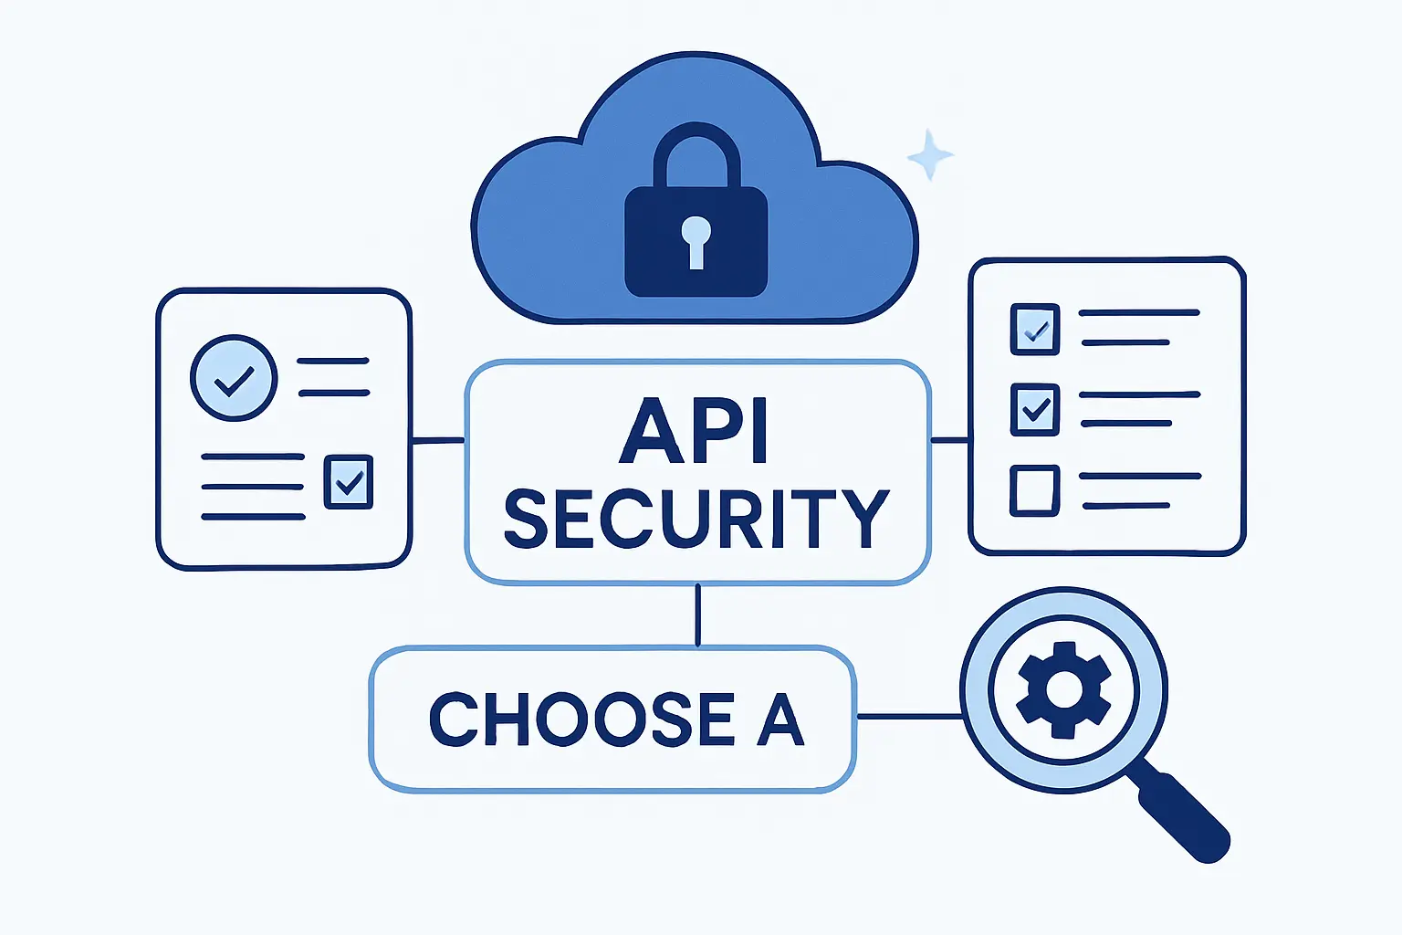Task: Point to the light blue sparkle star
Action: pyautogui.click(x=930, y=156)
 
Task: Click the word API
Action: pyautogui.click(x=694, y=431)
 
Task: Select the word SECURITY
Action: pyautogui.click(x=696, y=519)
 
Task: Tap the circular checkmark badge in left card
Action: pyautogui.click(x=234, y=377)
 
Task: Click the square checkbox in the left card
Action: pyautogui.click(x=349, y=481)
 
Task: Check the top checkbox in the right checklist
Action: pyautogui.click(x=1035, y=329)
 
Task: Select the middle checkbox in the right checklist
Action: pyautogui.click(x=1035, y=409)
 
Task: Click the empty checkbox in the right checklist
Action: pyautogui.click(x=1035, y=490)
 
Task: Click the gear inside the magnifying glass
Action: pyautogui.click(x=1063, y=689)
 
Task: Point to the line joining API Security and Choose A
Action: pyautogui.click(x=698, y=615)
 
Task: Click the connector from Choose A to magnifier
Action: pyautogui.click(x=909, y=717)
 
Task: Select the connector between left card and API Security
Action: pyautogui.click(x=438, y=441)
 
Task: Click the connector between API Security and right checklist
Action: pyautogui.click(x=949, y=440)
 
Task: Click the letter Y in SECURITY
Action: pyautogui.click(x=863, y=519)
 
